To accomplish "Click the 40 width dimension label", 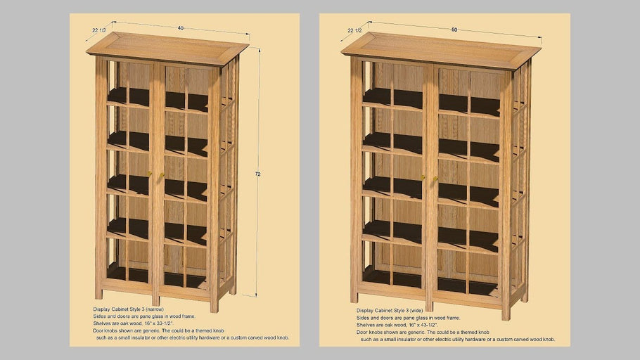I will [181, 28].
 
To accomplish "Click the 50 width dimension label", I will [454, 30].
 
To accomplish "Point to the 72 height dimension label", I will [258, 174].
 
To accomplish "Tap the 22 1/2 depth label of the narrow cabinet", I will [99, 30].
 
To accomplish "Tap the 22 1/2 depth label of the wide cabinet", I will [356, 30].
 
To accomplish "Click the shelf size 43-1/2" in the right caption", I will [427, 325].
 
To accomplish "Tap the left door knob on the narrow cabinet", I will [150, 174].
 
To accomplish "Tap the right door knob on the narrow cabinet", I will [162, 175].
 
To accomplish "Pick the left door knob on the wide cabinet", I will [423, 177].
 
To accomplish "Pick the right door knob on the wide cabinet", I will [436, 178].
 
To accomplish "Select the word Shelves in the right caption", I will [366, 325].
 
